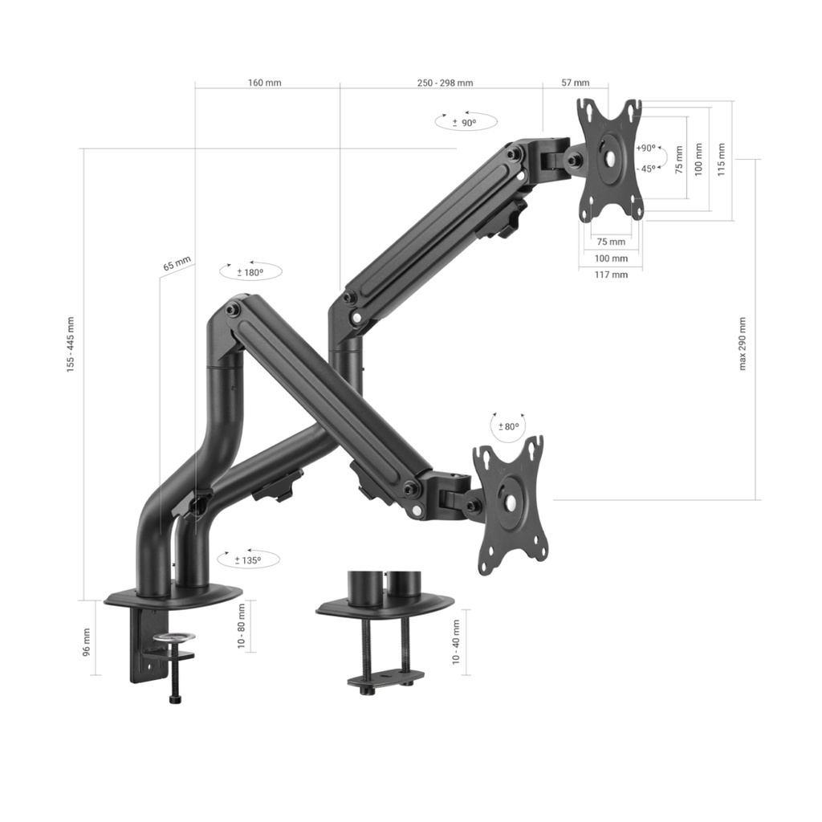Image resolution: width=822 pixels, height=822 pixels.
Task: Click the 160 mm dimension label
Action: pyautogui.click(x=264, y=83)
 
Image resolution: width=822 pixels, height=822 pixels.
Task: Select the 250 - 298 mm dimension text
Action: pyautogui.click(x=445, y=83)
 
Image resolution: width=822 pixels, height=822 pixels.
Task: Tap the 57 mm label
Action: pyautogui.click(x=575, y=83)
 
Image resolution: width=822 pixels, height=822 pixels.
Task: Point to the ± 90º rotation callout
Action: pyautogui.click(x=465, y=123)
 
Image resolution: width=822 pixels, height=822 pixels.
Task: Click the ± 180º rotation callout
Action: pyautogui.click(x=250, y=272)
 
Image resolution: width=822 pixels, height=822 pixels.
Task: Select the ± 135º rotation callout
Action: pyautogui.click(x=247, y=560)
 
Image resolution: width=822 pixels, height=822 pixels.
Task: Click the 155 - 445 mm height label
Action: pyautogui.click(x=71, y=344)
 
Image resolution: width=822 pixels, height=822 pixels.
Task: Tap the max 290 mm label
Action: pyautogui.click(x=743, y=344)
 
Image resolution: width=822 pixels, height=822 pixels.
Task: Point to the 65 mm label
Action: pyautogui.click(x=177, y=265)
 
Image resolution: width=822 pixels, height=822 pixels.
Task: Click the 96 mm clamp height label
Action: pyautogui.click(x=87, y=641)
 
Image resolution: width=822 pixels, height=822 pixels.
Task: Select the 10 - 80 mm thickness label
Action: pyautogui.click(x=242, y=627)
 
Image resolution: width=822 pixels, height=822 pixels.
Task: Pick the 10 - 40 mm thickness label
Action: pyautogui.click(x=456, y=641)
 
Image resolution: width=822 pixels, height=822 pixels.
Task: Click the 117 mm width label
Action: pyautogui.click(x=611, y=275)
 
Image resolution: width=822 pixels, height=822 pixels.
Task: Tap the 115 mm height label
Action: pyautogui.click(x=722, y=160)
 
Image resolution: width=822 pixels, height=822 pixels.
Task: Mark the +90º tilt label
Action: pyautogui.click(x=645, y=149)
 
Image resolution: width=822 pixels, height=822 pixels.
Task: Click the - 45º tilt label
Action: pyautogui.click(x=645, y=169)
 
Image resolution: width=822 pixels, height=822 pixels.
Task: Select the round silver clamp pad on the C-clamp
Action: pyautogui.click(x=175, y=638)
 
